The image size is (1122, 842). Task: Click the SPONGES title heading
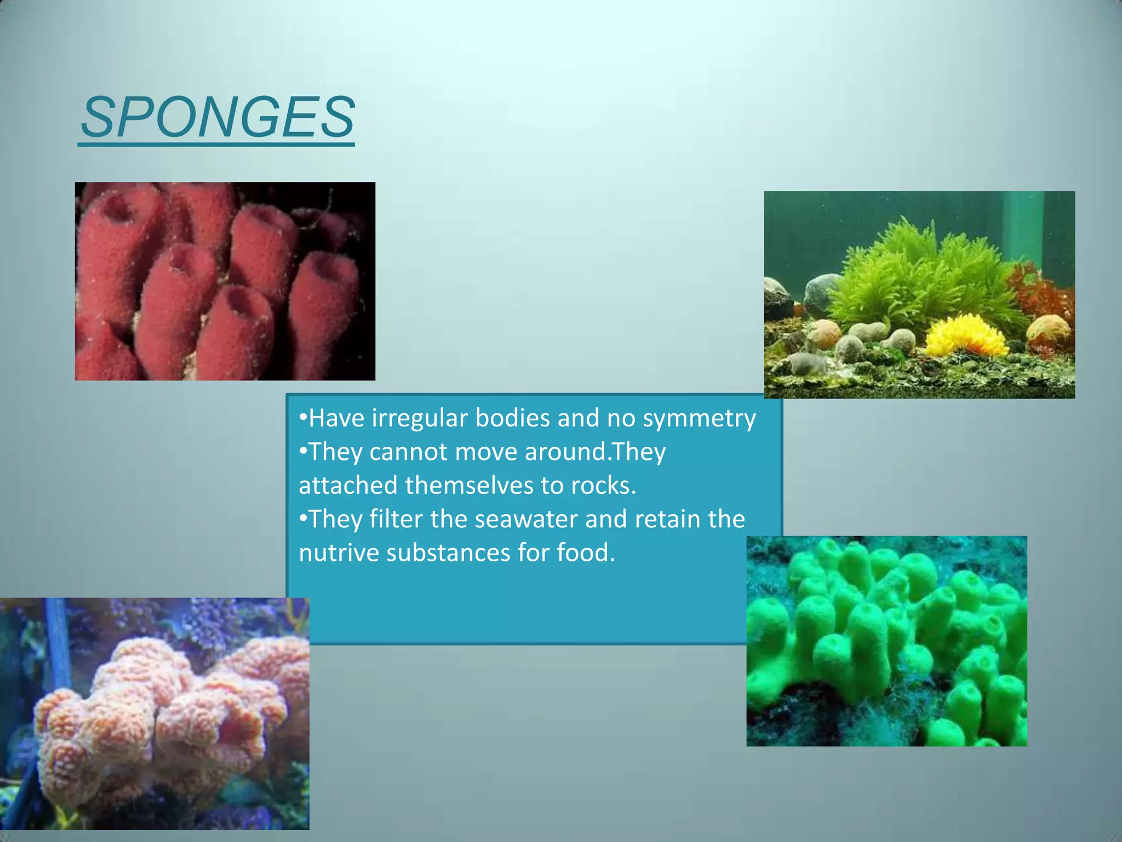217,117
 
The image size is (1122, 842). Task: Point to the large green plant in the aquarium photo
926,274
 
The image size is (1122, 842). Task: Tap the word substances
448,553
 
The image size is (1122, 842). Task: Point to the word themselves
469,486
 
